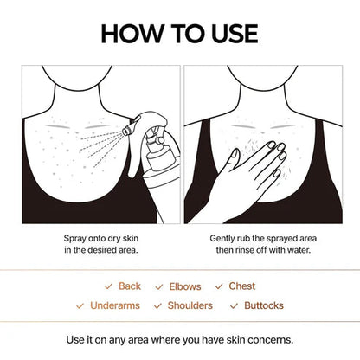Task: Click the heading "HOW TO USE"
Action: [x=179, y=33]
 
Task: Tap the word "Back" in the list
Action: [x=130, y=286]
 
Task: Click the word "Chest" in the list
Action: [x=242, y=286]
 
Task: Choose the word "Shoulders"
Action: [x=189, y=305]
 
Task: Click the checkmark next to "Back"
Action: [x=108, y=286]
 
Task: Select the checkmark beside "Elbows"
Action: [x=159, y=286]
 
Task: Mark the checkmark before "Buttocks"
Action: [x=234, y=305]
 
